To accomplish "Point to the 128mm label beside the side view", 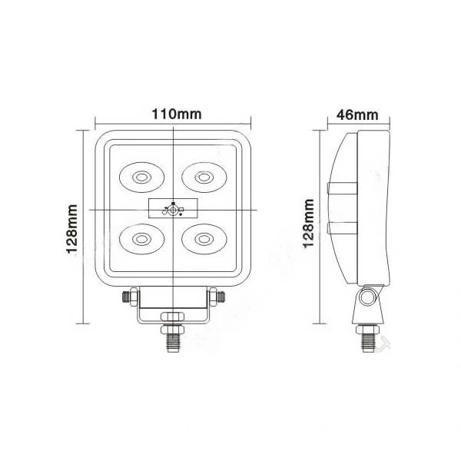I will [308, 223].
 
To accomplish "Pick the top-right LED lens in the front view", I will [203, 177].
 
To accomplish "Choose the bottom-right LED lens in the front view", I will [203, 237].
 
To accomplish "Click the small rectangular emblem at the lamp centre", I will [172, 207].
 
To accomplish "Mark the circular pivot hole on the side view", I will [369, 297].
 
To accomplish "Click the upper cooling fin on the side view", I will [342, 188].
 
